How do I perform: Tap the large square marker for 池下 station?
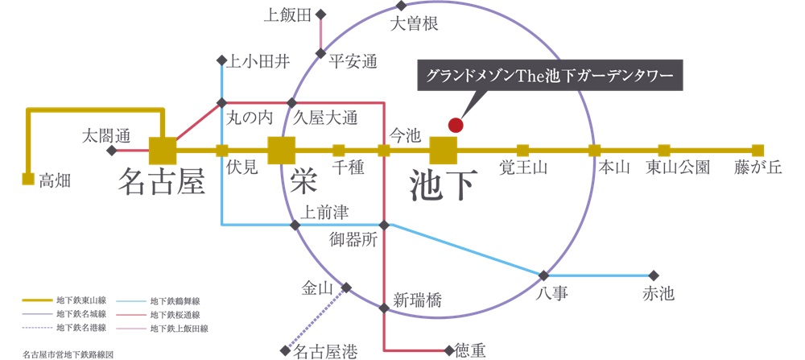pos(443,150)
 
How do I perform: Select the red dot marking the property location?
pos(456,125)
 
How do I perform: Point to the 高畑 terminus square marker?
pos(28,179)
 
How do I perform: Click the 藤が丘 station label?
pos(758,168)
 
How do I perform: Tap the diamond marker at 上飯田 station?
pos(321,14)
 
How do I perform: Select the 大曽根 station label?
pos(414,25)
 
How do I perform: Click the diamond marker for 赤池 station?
pos(654,275)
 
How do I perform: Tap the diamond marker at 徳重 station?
pos(448,350)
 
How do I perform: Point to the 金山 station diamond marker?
pos(347,288)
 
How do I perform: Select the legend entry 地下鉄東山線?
pos(80,300)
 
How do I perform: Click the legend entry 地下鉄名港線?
pos(80,328)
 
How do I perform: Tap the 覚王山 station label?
pos(523,168)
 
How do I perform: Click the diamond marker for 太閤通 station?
pos(112,151)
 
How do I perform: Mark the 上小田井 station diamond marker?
pos(222,60)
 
